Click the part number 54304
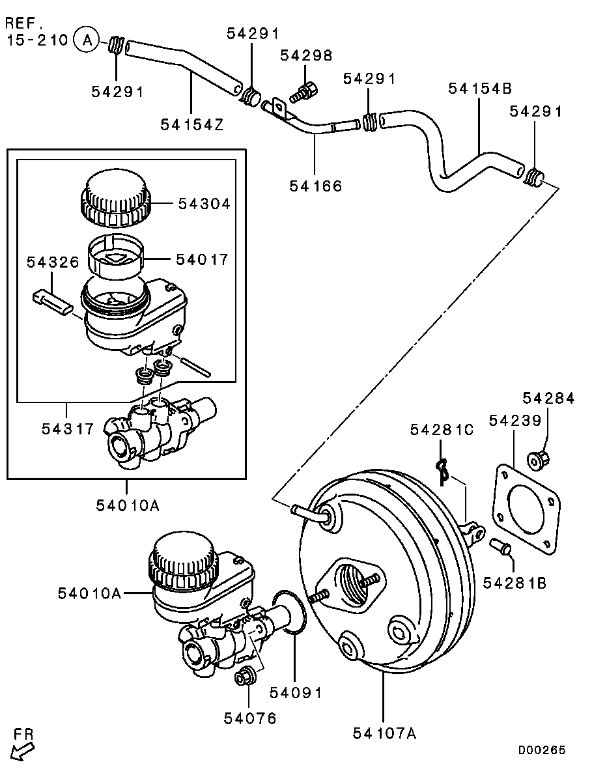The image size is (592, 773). [x=204, y=204]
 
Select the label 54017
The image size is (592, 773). [x=202, y=259]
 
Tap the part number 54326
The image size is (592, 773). [x=53, y=262]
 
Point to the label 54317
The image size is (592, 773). [x=68, y=429]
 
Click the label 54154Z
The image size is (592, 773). [x=191, y=124]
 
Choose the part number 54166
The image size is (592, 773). [x=315, y=186]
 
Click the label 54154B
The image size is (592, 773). [x=480, y=89]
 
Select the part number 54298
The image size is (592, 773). [x=307, y=55]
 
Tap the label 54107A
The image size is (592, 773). [x=384, y=733]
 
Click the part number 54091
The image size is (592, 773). [x=296, y=693]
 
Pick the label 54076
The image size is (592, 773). [x=250, y=718]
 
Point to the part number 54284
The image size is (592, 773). [x=548, y=398]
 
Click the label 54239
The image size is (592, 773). [x=515, y=421]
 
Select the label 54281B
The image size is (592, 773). [x=514, y=583]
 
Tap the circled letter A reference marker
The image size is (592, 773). [x=86, y=40]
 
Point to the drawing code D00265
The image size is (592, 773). [x=542, y=750]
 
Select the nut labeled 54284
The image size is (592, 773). [x=539, y=460]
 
